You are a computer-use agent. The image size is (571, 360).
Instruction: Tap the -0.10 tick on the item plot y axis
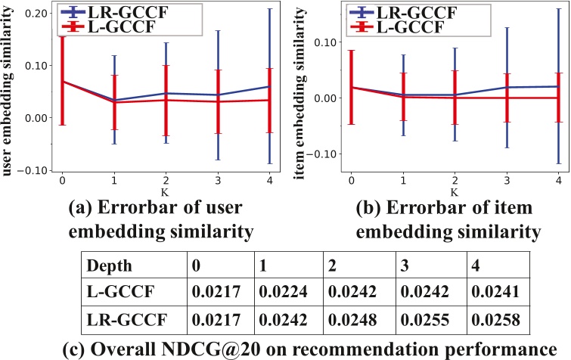(x=323, y=154)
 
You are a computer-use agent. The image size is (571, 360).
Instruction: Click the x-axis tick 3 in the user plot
(x=218, y=182)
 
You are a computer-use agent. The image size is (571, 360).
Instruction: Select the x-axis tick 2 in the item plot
(x=454, y=182)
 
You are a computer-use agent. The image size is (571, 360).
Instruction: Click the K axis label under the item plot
(x=454, y=192)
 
